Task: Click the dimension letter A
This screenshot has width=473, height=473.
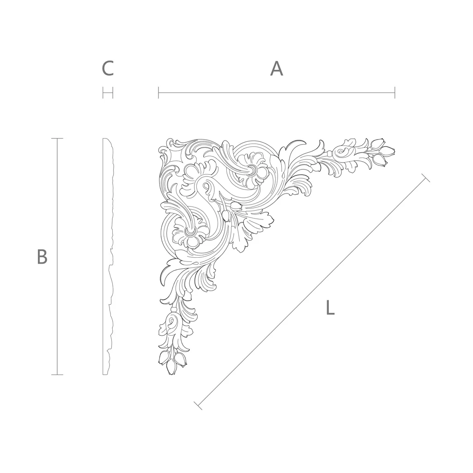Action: click(x=277, y=69)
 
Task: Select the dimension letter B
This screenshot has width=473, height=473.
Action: click(x=42, y=257)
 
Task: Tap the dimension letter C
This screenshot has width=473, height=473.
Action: click(x=108, y=68)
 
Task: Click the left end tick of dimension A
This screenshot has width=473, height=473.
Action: click(x=158, y=92)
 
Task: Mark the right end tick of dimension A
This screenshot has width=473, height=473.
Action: click(x=394, y=92)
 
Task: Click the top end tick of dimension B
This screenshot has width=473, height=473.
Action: click(x=57, y=139)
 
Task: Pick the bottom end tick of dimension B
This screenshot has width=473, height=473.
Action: click(x=57, y=375)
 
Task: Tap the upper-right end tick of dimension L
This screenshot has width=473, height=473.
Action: click(x=425, y=178)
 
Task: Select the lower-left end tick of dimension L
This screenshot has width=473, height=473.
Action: click(x=198, y=406)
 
